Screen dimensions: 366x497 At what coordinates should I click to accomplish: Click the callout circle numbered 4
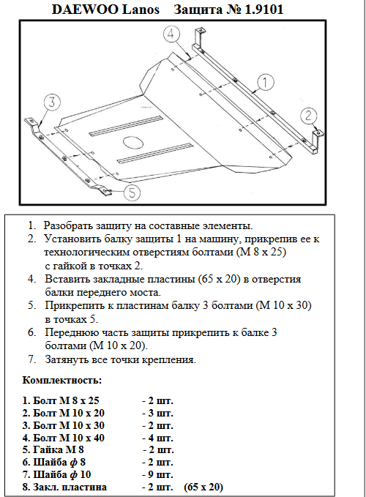[x=172, y=34]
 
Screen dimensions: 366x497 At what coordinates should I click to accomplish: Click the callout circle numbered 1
[x=265, y=82]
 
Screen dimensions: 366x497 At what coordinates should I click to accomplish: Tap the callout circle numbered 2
[x=309, y=116]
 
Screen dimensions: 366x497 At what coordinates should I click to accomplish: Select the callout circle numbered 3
[x=52, y=102]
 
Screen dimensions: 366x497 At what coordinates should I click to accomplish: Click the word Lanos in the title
[x=141, y=10]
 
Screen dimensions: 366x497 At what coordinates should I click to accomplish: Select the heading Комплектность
[x=62, y=380]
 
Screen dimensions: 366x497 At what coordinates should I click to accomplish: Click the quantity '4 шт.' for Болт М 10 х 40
[x=157, y=438]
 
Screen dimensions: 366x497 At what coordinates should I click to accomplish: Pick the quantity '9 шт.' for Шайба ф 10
[x=157, y=474]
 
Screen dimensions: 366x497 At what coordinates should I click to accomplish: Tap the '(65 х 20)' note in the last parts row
[x=203, y=487]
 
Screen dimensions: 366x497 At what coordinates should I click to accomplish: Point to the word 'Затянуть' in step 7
[x=66, y=359]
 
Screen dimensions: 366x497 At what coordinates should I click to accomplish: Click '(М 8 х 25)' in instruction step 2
[x=261, y=253]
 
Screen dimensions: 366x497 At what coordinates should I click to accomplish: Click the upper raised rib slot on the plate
[x=125, y=126]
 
